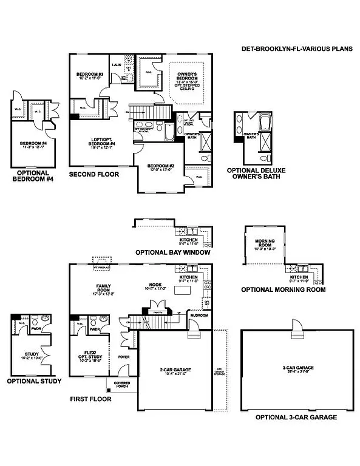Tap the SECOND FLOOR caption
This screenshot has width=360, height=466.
tap(94, 174)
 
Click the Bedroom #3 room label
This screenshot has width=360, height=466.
tap(88, 76)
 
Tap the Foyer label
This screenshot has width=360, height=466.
tap(124, 357)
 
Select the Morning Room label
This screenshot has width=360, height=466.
tap(265, 245)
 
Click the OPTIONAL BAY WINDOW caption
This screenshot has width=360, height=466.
tap(173, 251)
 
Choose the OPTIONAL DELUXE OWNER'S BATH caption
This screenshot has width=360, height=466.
tap(256, 174)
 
